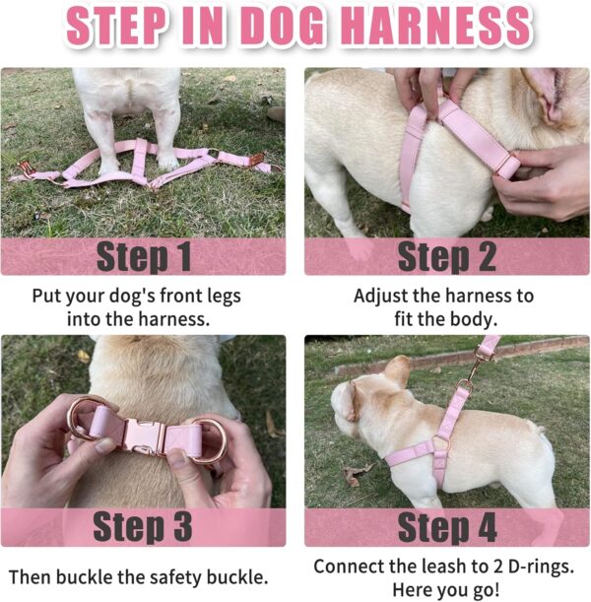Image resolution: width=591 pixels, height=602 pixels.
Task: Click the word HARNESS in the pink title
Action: [436, 26]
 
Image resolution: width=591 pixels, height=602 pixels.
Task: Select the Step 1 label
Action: [144, 256]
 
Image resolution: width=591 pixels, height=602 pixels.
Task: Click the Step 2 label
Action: [447, 256]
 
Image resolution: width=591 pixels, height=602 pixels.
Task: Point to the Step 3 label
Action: [143, 526]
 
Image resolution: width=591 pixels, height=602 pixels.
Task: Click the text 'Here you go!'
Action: [446, 589]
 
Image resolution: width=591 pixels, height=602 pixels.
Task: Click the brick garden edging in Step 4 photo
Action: [461, 355]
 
